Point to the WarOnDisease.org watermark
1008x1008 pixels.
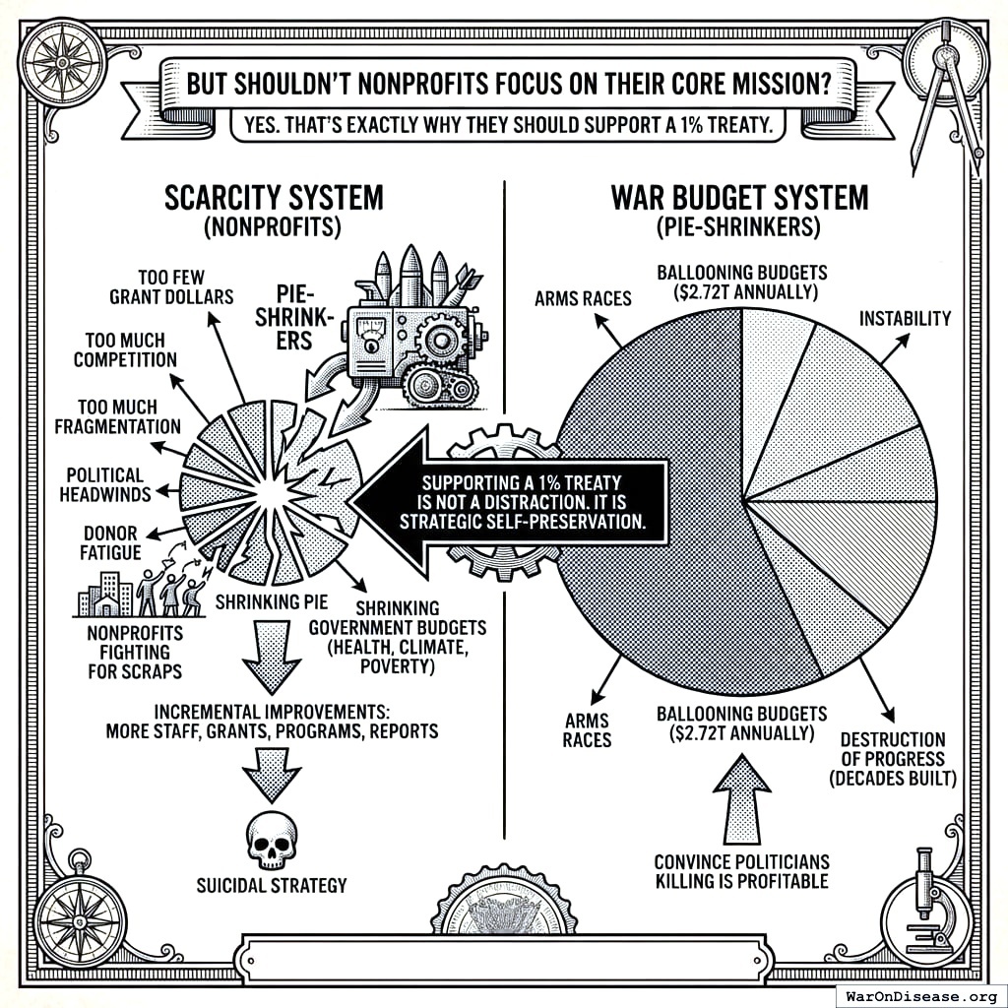tap(919, 994)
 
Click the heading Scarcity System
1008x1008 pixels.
tap(273, 197)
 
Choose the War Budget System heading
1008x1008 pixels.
tap(740, 197)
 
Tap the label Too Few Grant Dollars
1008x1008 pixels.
tap(171, 285)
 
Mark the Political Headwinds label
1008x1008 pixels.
tap(105, 484)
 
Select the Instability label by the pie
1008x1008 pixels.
tap(905, 319)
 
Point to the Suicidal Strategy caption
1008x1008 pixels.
tap(271, 885)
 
